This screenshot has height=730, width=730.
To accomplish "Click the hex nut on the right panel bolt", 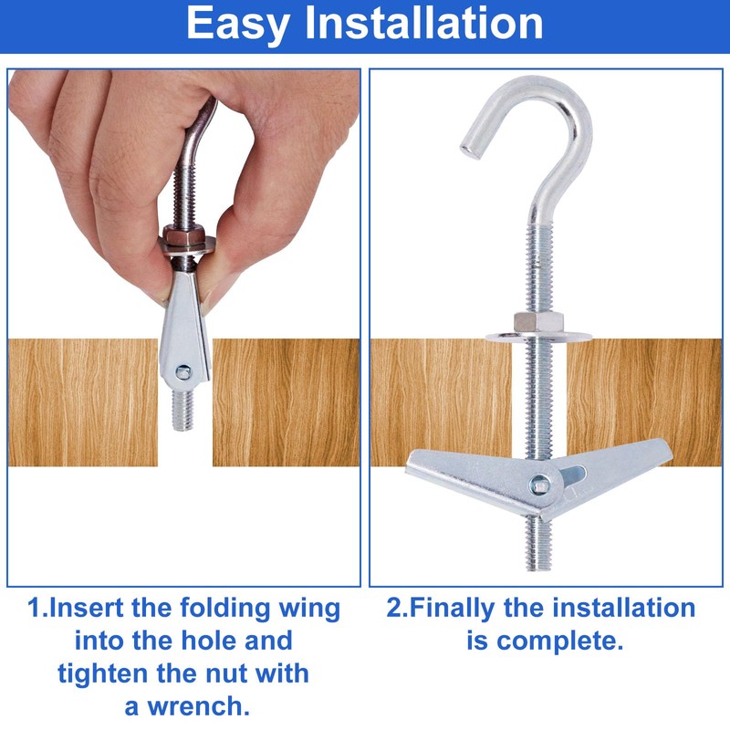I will pos(527,323).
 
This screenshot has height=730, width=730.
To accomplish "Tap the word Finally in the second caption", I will pos(463,608).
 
